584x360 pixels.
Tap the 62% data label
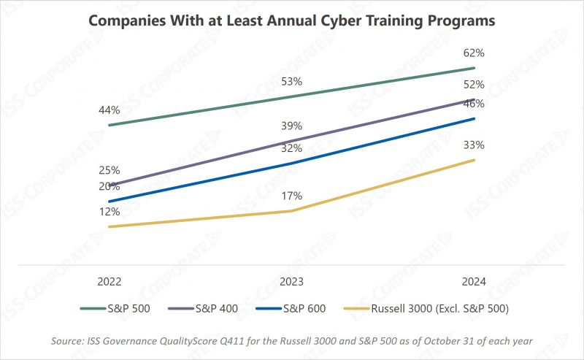click(474, 53)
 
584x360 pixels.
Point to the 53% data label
click(292, 80)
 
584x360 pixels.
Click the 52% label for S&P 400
click(474, 85)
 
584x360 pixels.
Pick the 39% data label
click(292, 126)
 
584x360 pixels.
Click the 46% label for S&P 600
click(474, 104)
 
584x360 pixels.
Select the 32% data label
click(292, 148)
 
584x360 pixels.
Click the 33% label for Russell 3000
click(474, 145)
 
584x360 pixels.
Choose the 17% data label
click(292, 196)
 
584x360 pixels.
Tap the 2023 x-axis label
click(292, 281)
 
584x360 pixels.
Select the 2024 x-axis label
click(474, 281)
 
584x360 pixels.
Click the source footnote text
click(292, 340)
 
